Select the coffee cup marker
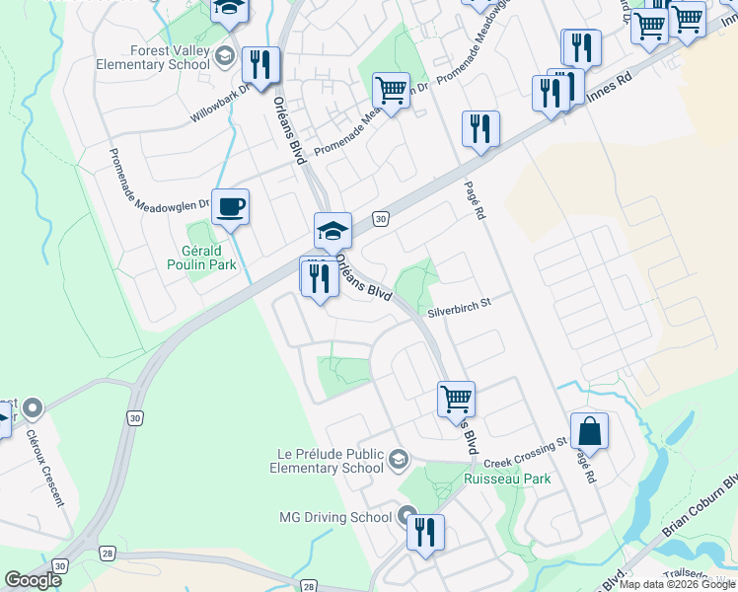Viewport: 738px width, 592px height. (230, 207)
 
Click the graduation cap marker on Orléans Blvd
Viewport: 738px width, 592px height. (332, 232)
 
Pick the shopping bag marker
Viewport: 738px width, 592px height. (589, 431)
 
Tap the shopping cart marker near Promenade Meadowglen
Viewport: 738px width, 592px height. (392, 91)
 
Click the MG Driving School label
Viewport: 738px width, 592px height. (335, 516)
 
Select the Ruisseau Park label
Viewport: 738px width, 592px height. (507, 479)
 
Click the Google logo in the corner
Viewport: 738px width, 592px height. (33, 580)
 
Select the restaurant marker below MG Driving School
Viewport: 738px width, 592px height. (425, 533)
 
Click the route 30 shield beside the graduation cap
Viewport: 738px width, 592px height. (379, 217)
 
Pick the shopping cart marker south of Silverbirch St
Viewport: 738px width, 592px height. (456, 399)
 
